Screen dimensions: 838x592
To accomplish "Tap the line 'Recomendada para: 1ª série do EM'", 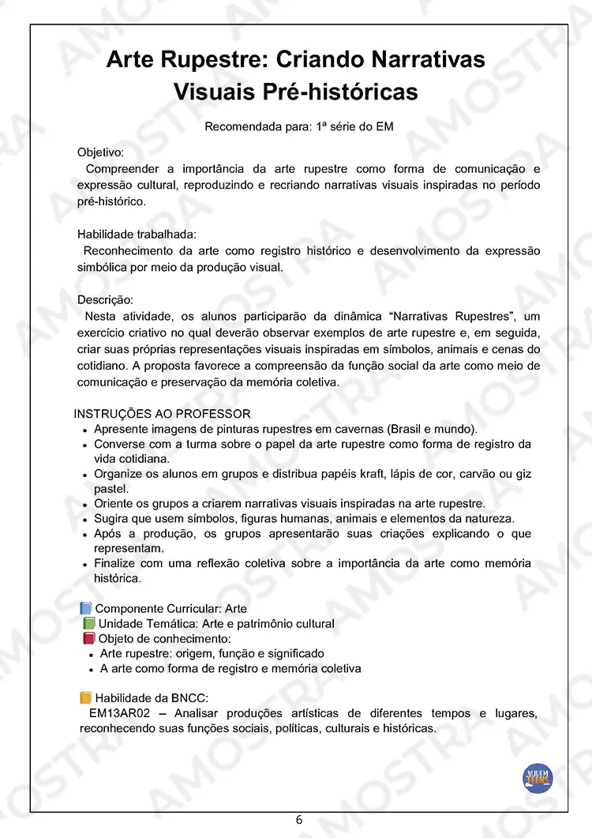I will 298,126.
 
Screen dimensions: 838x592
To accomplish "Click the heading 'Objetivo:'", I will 100,152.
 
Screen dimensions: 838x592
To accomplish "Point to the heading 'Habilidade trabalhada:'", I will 137,234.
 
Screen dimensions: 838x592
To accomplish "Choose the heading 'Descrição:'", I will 105,300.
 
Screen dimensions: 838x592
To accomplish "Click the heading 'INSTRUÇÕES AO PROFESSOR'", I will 162,414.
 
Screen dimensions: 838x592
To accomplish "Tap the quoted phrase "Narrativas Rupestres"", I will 448,317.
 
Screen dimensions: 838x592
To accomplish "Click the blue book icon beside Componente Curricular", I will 86,608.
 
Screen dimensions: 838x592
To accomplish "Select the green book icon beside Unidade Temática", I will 88,623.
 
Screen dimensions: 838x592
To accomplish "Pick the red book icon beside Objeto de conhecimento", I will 88,638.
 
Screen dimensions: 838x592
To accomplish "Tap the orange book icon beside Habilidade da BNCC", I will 86,697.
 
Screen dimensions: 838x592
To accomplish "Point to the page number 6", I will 299,819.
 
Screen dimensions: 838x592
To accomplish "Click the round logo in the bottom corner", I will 538,778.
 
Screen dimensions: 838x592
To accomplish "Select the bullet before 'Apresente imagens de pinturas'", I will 84,430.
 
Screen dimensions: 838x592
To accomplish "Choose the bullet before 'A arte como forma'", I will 92,670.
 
